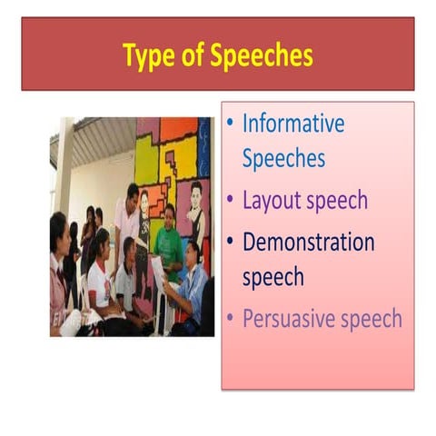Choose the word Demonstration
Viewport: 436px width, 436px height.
pyautogui.click(x=308, y=243)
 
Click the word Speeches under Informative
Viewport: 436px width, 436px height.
pyautogui.click(x=283, y=159)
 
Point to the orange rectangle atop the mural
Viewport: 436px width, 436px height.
pyautogui.click(x=178, y=129)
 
